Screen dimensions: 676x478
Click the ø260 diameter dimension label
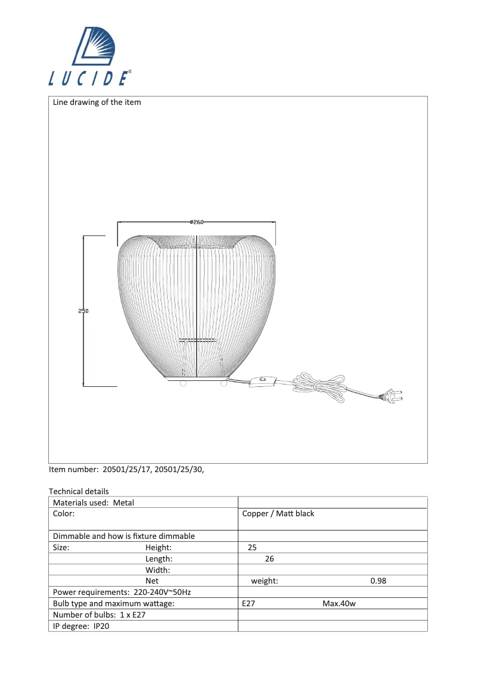click(197, 222)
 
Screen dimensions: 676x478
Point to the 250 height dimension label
click(83, 311)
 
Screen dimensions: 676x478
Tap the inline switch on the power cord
click(263, 381)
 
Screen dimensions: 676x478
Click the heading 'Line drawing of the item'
click(97, 103)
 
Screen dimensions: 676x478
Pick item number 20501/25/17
click(127, 470)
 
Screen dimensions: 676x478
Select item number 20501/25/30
click(179, 470)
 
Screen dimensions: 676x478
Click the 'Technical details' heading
click(79, 492)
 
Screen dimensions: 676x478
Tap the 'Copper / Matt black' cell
click(278, 514)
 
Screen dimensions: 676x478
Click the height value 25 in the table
click(252, 547)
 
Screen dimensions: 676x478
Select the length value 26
click(269, 559)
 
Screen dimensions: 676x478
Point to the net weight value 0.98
click(378, 581)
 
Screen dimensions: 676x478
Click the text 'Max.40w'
click(339, 604)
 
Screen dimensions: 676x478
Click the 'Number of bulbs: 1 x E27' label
click(100, 615)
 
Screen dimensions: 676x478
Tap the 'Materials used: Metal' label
click(94, 503)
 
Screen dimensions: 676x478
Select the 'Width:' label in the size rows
click(158, 570)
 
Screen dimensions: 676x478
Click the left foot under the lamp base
click(184, 383)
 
